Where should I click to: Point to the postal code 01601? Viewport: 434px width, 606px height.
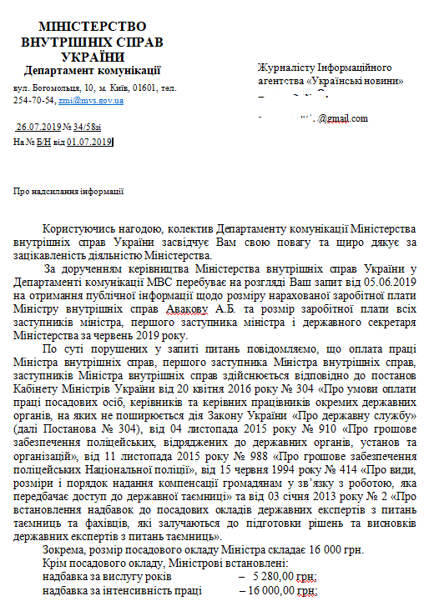pyautogui.click(x=134, y=87)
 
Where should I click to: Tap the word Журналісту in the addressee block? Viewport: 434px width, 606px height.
pyautogui.click(x=287, y=67)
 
